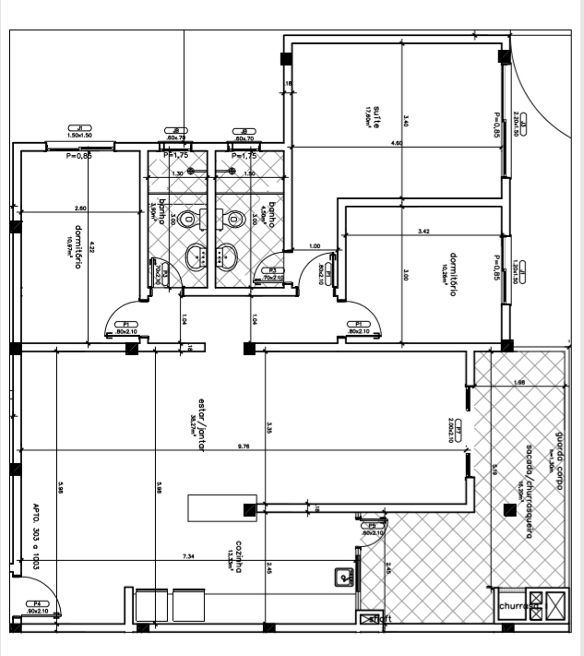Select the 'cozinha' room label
[x=239, y=555]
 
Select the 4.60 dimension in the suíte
[x=396, y=143]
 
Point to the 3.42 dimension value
[x=424, y=230]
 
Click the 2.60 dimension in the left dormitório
[x=80, y=208]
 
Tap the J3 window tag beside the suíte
[x=522, y=125]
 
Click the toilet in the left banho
[x=188, y=220]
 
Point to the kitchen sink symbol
[x=345, y=578]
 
